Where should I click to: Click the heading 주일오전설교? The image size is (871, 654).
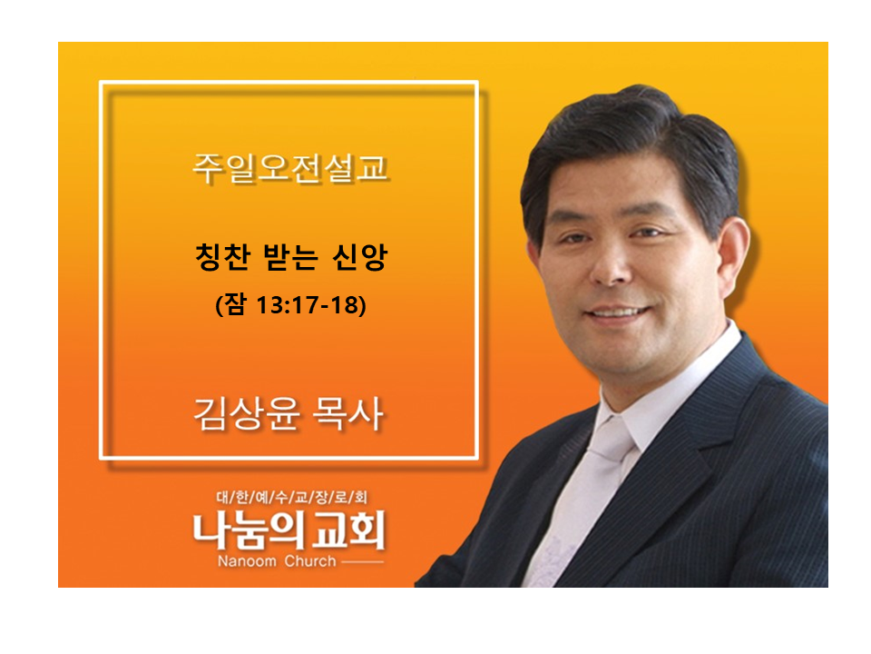pyautogui.click(x=289, y=168)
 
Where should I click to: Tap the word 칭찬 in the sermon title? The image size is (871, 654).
pyautogui.click(x=222, y=256)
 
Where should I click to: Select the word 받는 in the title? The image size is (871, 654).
pyautogui.click(x=291, y=256)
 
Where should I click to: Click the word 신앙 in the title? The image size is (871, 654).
pyautogui.click(x=359, y=256)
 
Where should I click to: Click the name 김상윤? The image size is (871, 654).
pyautogui.click(x=247, y=414)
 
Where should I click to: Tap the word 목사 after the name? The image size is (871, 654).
pyautogui.click(x=347, y=414)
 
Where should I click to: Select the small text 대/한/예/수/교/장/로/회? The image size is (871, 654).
pyautogui.click(x=291, y=497)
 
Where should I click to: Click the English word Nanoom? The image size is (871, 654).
pyautogui.click(x=247, y=561)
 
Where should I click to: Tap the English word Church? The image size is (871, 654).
pyautogui.click(x=310, y=561)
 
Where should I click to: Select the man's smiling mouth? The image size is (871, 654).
pyautogui.click(x=618, y=312)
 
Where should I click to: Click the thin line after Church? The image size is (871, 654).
pyautogui.click(x=362, y=562)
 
